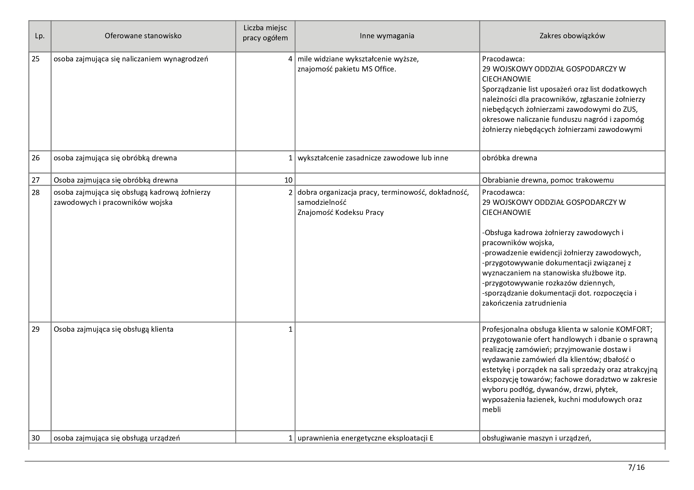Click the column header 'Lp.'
pyautogui.click(x=39, y=36)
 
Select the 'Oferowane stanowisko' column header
pyautogui.click(x=143, y=36)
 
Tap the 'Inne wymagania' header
pyautogui.click(x=387, y=36)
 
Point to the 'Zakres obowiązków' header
pyautogui.click(x=572, y=36)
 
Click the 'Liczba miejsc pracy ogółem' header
pyautogui.click(x=265, y=33)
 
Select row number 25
pyautogui.click(x=36, y=59)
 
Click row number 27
pyautogui.click(x=36, y=180)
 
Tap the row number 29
pyautogui.click(x=36, y=329)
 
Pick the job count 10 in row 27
pyautogui.click(x=288, y=180)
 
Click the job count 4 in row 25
pyautogui.click(x=290, y=59)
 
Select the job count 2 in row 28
pyautogui.click(x=290, y=192)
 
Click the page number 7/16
pyautogui.click(x=636, y=467)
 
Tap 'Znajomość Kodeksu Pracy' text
pyautogui.click(x=340, y=213)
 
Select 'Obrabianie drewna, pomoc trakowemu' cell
pyautogui.click(x=548, y=180)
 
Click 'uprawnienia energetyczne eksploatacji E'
pyautogui.click(x=365, y=438)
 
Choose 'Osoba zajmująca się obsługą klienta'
pyautogui.click(x=113, y=329)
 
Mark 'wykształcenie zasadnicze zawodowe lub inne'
pyautogui.click(x=373, y=158)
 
